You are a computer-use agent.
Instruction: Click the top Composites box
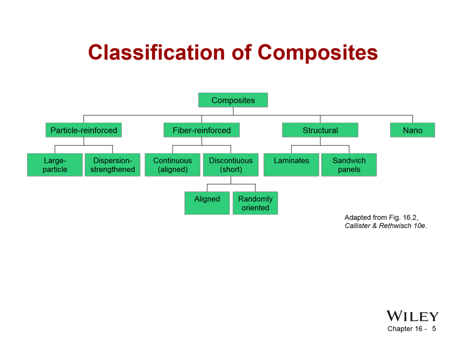[x=233, y=100]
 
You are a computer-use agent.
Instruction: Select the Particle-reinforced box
[x=83, y=130]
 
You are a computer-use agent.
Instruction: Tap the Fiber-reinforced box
[x=202, y=130]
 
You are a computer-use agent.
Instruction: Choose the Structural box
[x=320, y=130]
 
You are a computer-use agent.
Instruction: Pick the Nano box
[x=413, y=130]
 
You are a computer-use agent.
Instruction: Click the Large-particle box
[x=55, y=165]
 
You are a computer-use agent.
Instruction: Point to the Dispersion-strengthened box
[x=112, y=165]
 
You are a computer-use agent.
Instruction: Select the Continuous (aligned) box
[x=173, y=165]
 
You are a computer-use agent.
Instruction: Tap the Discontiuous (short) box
[x=231, y=165]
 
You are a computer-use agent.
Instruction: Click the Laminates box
[x=291, y=165]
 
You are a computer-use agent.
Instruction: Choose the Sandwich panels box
[x=349, y=165]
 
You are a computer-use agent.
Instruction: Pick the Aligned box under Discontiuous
[x=207, y=203]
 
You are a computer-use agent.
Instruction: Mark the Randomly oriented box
[x=255, y=203]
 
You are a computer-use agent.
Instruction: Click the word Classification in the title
[x=156, y=52]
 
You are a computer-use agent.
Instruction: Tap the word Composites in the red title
[x=318, y=52]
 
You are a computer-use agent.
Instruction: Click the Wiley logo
[x=412, y=316]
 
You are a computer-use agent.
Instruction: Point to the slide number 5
[x=434, y=329]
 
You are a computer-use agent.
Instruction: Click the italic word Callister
[x=357, y=226]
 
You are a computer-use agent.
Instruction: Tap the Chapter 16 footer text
[x=405, y=329]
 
